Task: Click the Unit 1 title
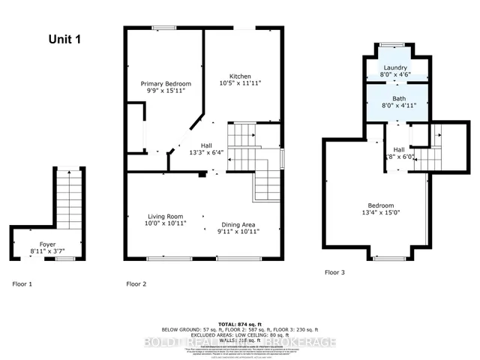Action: coord(65,39)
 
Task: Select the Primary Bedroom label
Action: coord(167,83)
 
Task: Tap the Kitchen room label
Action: coord(240,76)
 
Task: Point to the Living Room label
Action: coord(166,215)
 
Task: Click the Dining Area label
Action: coord(240,225)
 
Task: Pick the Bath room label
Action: coord(399,99)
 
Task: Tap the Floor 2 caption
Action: coord(136,283)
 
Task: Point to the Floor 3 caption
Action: coord(334,272)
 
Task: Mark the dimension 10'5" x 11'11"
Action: coord(240,85)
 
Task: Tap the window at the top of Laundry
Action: coord(390,44)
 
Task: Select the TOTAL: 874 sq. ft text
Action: coord(240,322)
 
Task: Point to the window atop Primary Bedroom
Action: coord(164,28)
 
